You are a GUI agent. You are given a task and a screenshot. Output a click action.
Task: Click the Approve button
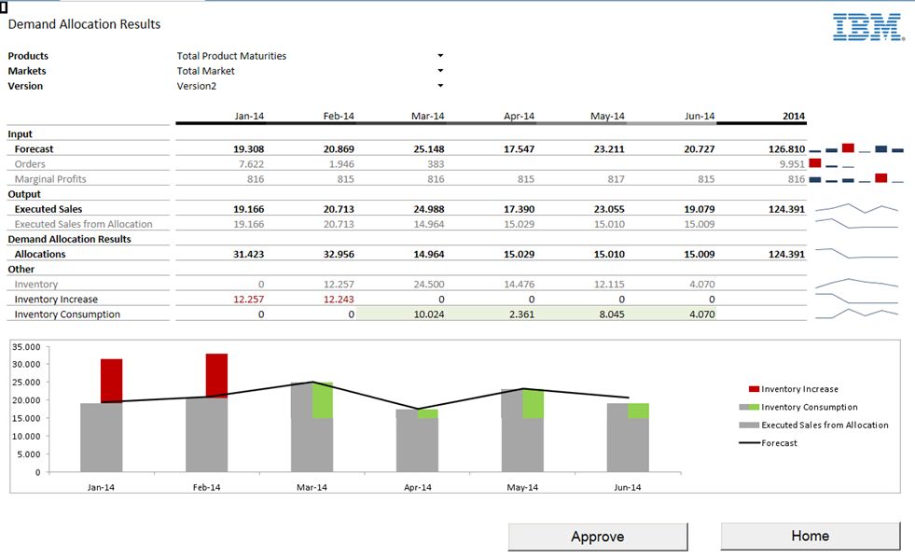tap(597, 537)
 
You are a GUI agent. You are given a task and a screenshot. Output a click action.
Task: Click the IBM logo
tap(867, 27)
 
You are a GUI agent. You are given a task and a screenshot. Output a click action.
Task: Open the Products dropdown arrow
tap(440, 56)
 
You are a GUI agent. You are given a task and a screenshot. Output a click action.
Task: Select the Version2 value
tap(196, 86)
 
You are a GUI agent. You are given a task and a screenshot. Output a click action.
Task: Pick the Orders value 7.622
tap(248, 164)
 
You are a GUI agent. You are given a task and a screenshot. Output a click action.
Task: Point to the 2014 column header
tap(793, 117)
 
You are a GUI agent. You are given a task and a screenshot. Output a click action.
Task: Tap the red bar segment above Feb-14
tap(216, 375)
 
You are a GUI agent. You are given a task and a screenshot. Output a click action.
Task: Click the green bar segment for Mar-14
tap(323, 400)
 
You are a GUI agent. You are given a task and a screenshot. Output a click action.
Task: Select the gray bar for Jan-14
tap(101, 437)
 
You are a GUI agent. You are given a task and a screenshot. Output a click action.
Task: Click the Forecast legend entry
tap(779, 443)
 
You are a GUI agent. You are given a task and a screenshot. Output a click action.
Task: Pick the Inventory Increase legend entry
tap(799, 389)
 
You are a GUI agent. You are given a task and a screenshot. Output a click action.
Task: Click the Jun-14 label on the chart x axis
tap(628, 488)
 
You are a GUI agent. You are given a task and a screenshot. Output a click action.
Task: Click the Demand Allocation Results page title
tap(84, 24)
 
